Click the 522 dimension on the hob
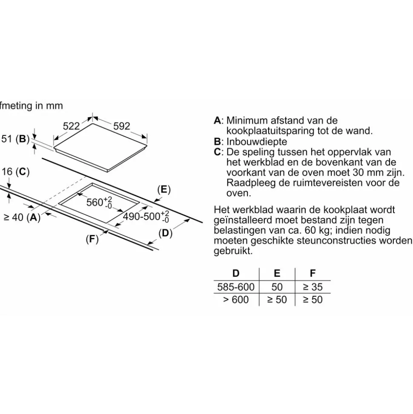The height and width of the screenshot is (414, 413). tap(71, 126)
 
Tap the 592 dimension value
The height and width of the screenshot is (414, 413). tap(122, 126)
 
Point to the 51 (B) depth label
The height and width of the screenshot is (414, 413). tap(16, 139)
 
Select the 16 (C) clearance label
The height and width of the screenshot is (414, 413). tap(16, 172)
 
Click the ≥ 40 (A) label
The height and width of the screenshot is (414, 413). tap(22, 217)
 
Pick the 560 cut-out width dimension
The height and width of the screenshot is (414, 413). tap(99, 203)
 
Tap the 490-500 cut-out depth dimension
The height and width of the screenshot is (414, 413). tap(146, 217)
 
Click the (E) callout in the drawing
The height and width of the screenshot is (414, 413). tap(164, 190)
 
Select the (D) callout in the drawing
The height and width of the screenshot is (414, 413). tap(165, 233)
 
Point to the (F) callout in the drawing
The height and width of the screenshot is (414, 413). tap(92, 239)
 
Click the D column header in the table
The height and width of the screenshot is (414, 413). tap(236, 273)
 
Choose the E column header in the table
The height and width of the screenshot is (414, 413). tap(277, 273)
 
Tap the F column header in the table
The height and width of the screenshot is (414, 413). tap(313, 273)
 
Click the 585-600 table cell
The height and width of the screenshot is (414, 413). tap(236, 287)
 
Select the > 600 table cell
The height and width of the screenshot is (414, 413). tap(236, 299)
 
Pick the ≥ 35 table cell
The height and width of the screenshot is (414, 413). tap(313, 287)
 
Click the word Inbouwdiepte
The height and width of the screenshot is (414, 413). tap(257, 142)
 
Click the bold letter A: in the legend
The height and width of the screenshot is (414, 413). tap(218, 120)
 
